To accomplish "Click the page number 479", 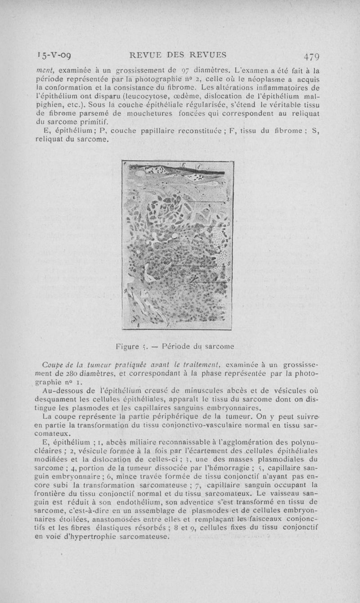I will [x=311, y=57].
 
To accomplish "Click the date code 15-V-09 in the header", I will [x=56, y=56].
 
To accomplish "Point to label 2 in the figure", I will [x=229, y=199].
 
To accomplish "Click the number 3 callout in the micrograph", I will [x=229, y=224].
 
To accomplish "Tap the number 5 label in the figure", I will [x=229, y=264].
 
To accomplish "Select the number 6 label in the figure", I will [x=229, y=279].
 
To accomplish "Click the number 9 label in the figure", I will [x=126, y=292].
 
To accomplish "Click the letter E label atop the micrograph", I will [x=183, y=165].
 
